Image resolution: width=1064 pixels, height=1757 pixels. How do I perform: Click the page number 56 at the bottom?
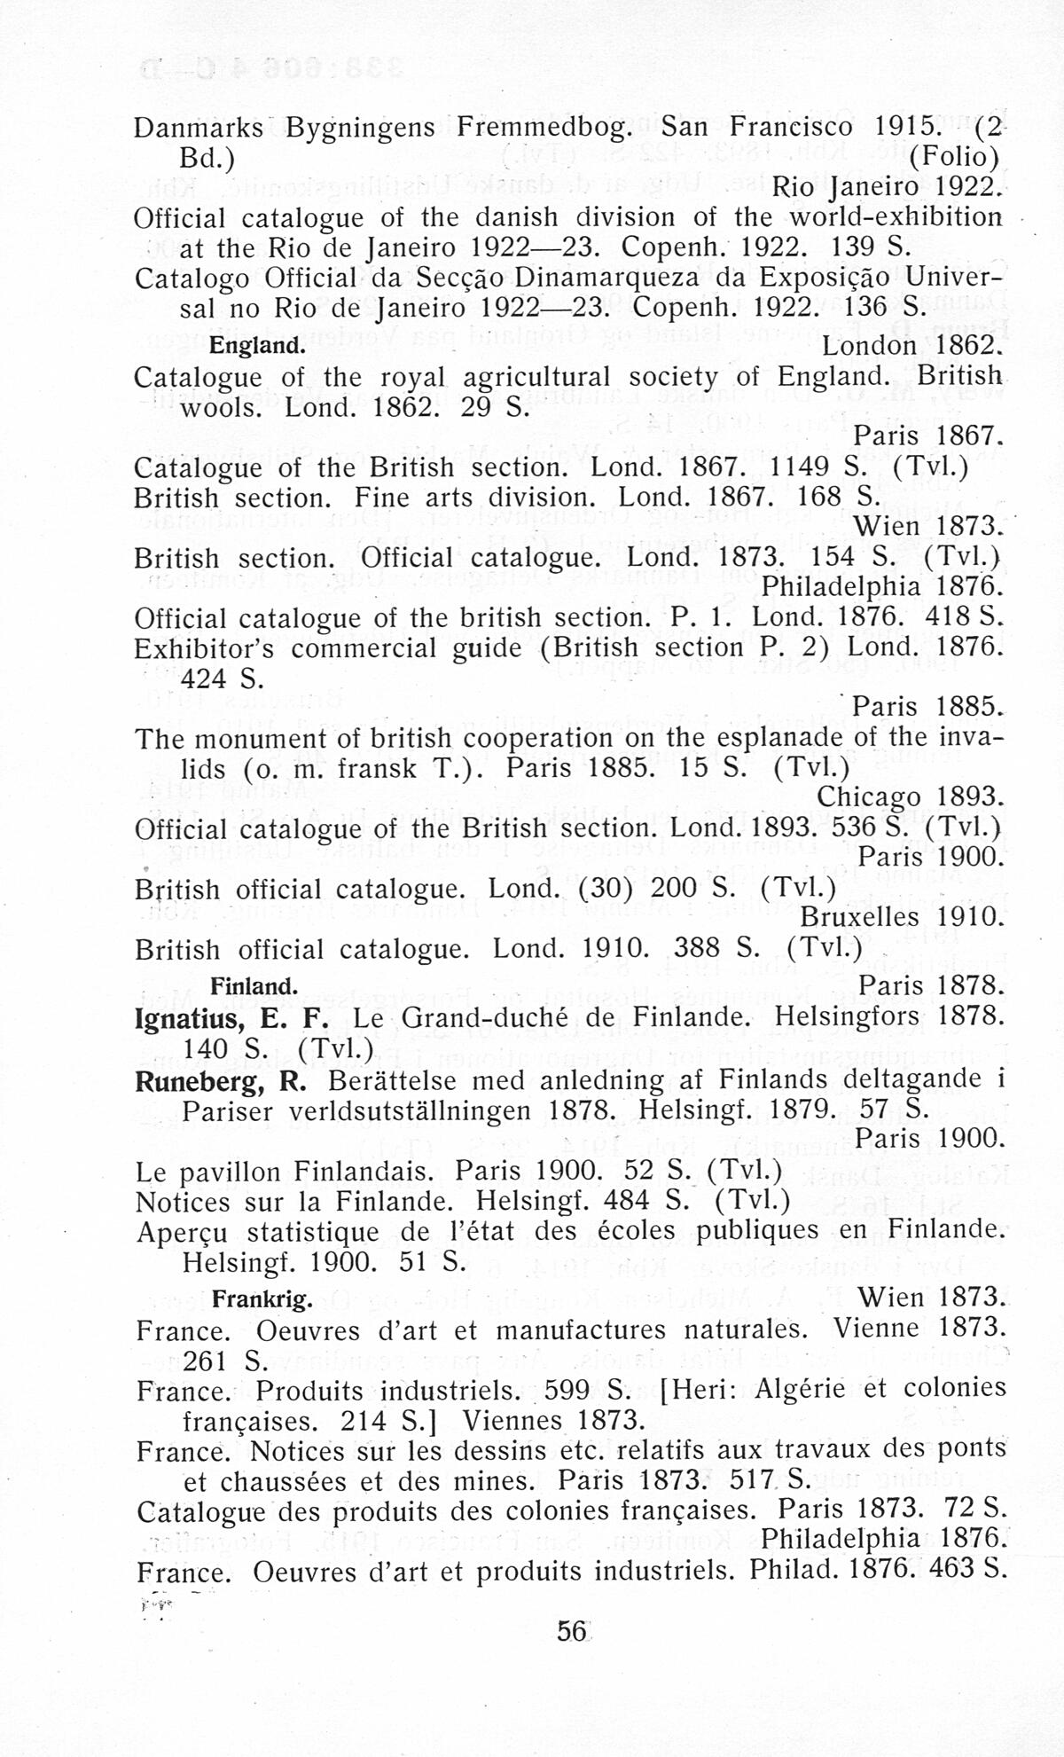point(572,1630)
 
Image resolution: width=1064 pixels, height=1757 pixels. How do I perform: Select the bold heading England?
point(257,345)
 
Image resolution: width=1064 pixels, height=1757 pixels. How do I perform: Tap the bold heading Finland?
point(254,986)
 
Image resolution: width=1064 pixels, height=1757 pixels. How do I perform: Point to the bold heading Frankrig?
point(262,1300)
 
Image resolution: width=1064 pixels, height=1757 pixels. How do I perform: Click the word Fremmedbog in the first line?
point(545,127)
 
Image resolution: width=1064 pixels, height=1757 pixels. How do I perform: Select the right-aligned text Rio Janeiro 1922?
point(887,187)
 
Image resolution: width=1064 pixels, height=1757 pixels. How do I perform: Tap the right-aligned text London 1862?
point(912,345)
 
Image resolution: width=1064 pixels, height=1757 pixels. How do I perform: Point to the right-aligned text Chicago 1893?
point(910,796)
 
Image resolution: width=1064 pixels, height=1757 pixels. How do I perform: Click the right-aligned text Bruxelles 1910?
point(903,916)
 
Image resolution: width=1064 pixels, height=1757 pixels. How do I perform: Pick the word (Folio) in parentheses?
point(955,157)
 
